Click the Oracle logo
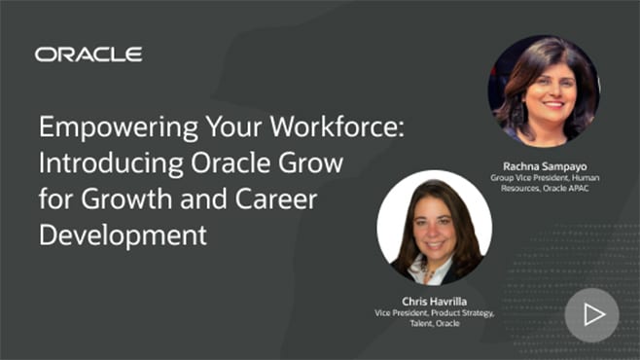89,54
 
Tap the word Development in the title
124,234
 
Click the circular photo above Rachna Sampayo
544,91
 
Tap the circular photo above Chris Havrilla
434,228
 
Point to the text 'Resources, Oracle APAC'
544,188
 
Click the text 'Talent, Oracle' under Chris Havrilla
434,325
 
